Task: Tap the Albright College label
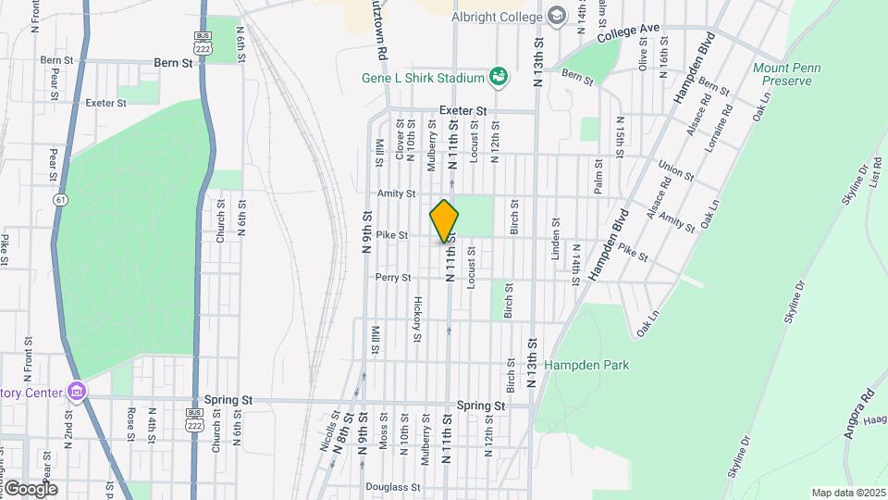click(x=496, y=16)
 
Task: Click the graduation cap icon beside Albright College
click(x=556, y=15)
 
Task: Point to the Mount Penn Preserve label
click(x=783, y=74)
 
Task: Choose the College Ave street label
click(x=628, y=34)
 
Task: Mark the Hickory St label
click(x=417, y=319)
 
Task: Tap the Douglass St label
click(x=392, y=486)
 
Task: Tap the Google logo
click(x=30, y=488)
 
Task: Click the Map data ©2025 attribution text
click(x=847, y=493)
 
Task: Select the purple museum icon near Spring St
click(x=76, y=392)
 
